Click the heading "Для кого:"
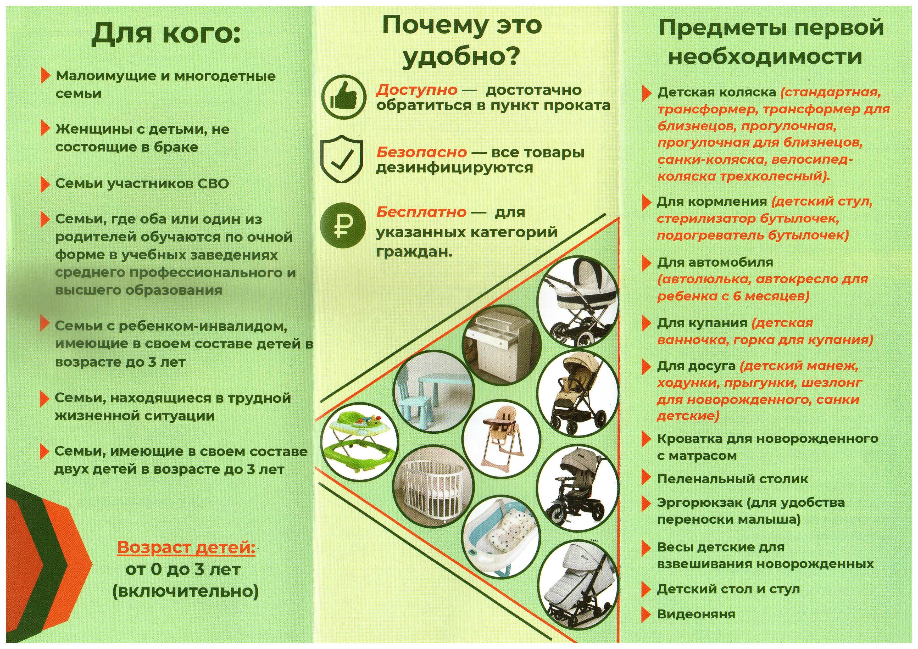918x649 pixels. [166, 34]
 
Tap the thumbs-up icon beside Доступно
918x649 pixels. [344, 98]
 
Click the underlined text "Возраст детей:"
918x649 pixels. [186, 547]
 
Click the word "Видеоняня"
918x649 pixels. [696, 614]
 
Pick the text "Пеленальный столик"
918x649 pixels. [732, 479]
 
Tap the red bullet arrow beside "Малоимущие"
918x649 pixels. [46, 76]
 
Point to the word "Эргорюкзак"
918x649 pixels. [699, 502]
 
